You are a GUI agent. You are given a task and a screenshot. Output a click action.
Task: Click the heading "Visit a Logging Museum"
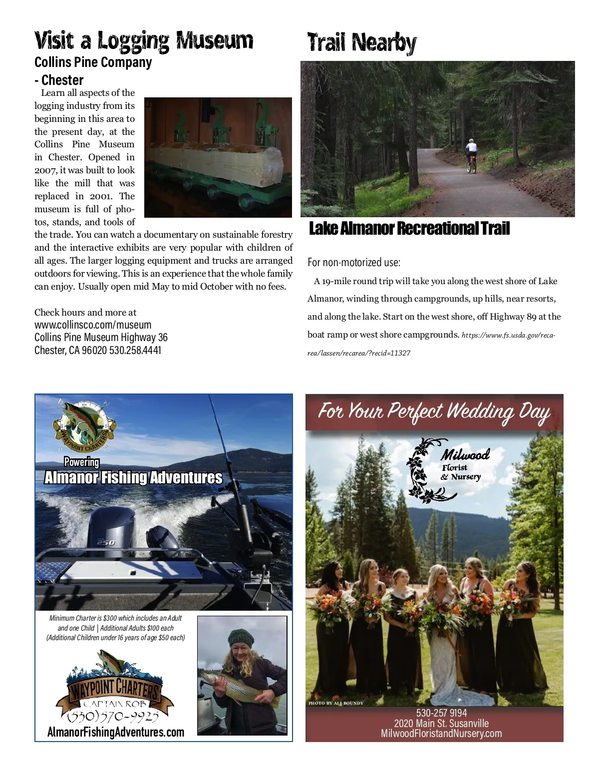(x=144, y=41)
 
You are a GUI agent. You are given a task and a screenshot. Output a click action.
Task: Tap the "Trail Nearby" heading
(x=361, y=43)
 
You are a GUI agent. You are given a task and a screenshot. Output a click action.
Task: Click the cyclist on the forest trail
(x=471, y=155)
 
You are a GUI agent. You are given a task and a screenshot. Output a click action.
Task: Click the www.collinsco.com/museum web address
(x=93, y=325)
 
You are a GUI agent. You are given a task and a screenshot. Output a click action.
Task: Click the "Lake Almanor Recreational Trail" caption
(x=409, y=229)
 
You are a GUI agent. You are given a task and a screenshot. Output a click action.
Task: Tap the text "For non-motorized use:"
(x=353, y=262)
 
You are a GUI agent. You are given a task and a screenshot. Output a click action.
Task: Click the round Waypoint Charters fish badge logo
(x=84, y=423)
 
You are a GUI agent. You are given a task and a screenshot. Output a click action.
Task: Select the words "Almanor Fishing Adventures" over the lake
(x=133, y=478)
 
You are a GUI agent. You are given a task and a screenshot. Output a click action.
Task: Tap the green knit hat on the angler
(x=242, y=638)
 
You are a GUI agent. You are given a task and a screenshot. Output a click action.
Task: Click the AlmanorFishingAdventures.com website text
(x=116, y=732)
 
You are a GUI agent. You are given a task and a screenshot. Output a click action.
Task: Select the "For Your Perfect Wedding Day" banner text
(x=434, y=412)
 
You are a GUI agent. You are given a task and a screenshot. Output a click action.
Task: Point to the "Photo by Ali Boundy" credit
(x=335, y=703)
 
